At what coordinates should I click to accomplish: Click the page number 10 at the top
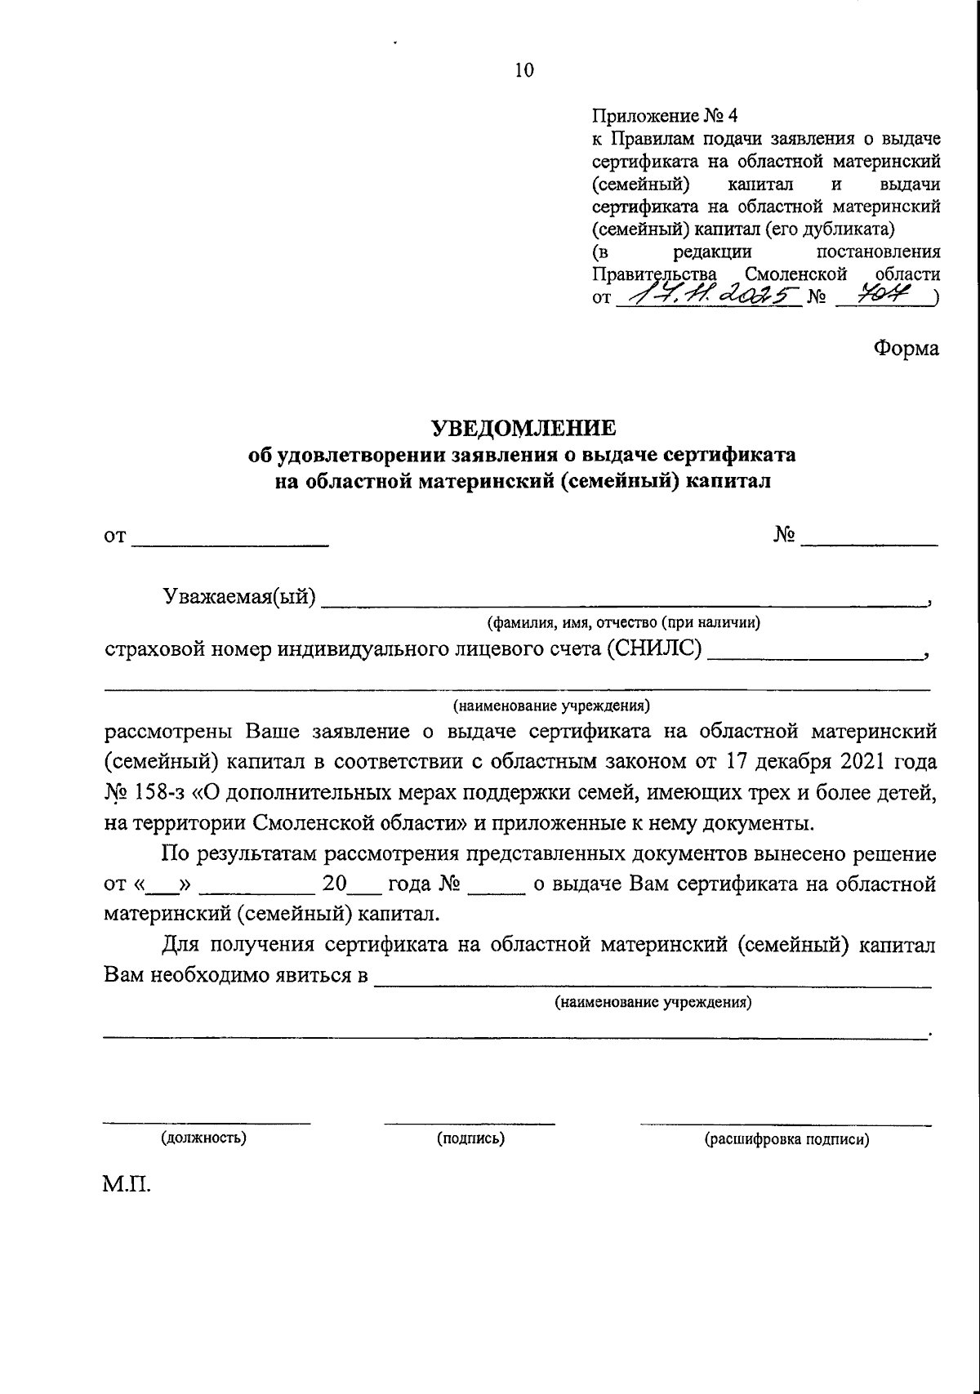click(x=523, y=71)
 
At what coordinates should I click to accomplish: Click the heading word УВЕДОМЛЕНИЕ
click(x=523, y=428)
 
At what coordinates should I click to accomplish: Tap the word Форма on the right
click(x=906, y=348)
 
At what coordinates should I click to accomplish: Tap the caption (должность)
click(x=205, y=1138)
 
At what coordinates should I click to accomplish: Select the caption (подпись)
click(x=470, y=1138)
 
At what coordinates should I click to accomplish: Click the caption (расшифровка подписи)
click(x=786, y=1138)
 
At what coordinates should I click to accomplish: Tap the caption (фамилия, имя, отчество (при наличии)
click(x=624, y=623)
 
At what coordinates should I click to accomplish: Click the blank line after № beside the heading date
click(x=869, y=543)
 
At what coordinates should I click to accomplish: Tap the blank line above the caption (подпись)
click(x=470, y=1124)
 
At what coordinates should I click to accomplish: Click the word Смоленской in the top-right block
click(x=796, y=274)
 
